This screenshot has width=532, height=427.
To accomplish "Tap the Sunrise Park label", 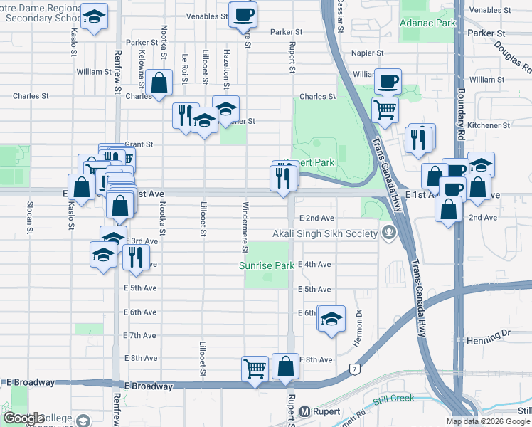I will (x=266, y=265).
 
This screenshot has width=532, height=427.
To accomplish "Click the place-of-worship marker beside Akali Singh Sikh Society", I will (x=388, y=232).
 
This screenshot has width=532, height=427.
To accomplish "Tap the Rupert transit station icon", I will (x=305, y=411).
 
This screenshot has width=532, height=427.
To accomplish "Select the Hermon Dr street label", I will (x=359, y=323).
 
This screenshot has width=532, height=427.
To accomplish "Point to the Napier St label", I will (x=367, y=53).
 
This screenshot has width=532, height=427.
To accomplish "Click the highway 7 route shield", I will (x=353, y=369).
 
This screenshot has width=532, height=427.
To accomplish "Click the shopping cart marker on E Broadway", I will (x=255, y=369).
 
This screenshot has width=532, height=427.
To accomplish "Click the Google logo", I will (x=23, y=418).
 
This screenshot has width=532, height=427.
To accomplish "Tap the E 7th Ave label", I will (x=139, y=335).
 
